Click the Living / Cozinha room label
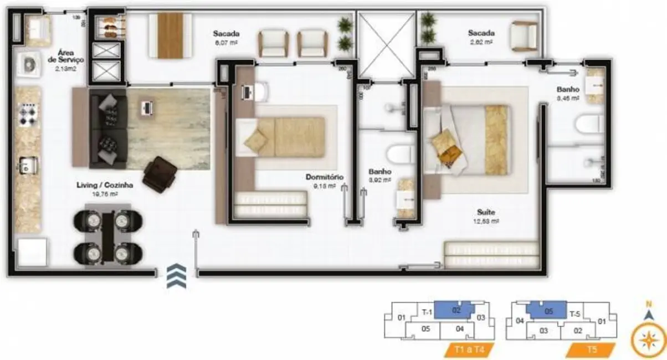click(x=105, y=186)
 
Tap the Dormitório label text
click(x=325, y=177)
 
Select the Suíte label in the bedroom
click(x=488, y=212)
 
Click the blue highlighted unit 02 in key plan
click(x=455, y=310)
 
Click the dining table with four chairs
click(x=108, y=236)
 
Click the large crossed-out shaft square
click(x=386, y=45)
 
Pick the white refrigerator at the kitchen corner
click(x=32, y=252)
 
